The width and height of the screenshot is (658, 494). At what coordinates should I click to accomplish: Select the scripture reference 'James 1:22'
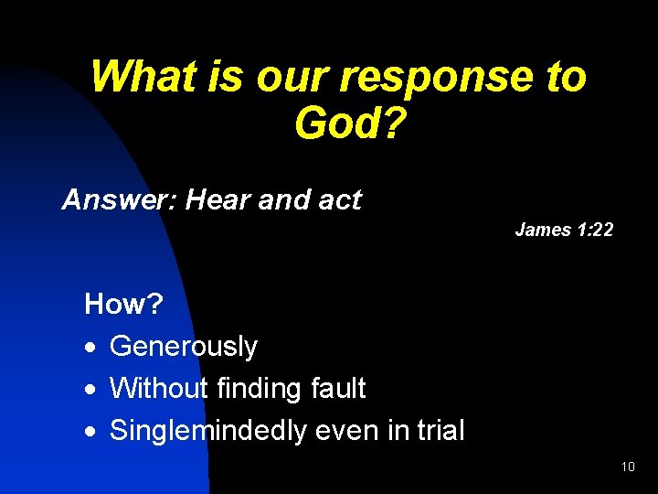tap(564, 230)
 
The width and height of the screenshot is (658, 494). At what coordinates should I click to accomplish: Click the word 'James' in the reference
tap(543, 230)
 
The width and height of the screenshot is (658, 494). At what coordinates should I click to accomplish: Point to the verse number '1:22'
tap(595, 230)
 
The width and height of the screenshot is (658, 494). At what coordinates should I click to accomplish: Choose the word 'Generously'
tap(184, 347)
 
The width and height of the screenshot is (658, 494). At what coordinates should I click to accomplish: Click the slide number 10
tap(627, 467)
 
